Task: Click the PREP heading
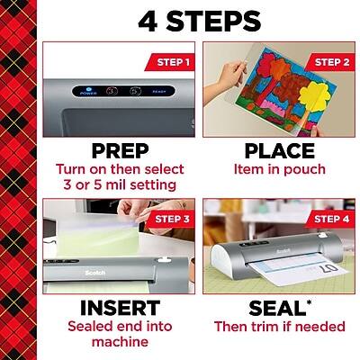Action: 112,149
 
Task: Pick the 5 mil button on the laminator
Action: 135,91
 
